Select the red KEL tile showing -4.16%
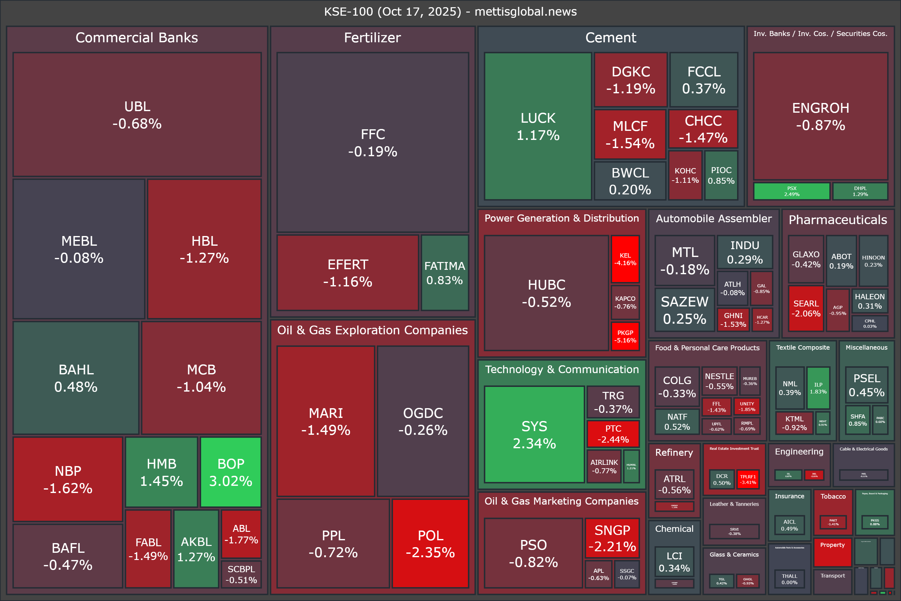[x=625, y=259]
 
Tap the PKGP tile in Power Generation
[x=625, y=336]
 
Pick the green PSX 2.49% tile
[x=792, y=191]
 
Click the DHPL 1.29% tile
[x=860, y=191]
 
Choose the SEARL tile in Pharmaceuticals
[x=806, y=308]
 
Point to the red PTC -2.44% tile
[x=613, y=434]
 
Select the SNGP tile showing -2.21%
[x=612, y=538]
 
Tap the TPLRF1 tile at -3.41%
[x=748, y=480]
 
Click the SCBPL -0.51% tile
[x=241, y=574]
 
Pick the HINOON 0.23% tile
[x=873, y=261]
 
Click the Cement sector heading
[x=610, y=38]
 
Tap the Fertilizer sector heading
[x=372, y=38]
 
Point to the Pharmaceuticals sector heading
[x=837, y=220]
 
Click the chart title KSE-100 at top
[x=450, y=12]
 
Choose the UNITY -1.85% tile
[x=747, y=406]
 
